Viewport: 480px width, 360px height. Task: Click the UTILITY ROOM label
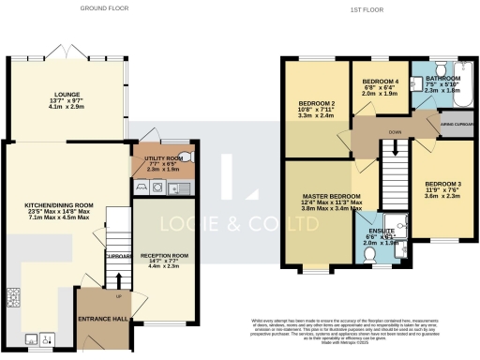(161, 157)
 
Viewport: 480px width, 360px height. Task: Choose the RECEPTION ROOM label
(165, 254)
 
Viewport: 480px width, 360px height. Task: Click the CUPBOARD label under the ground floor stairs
(118, 254)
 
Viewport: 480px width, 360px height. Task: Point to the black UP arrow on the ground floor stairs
(118, 277)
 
